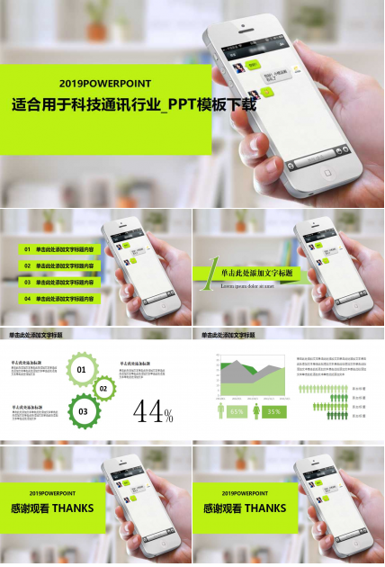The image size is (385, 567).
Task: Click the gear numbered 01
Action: pyautogui.click(x=82, y=370)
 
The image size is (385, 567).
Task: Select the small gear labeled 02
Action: pyautogui.click(x=103, y=389)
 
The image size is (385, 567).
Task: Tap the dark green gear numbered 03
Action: pyautogui.click(x=83, y=411)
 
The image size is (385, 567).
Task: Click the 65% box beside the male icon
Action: pyautogui.click(x=237, y=411)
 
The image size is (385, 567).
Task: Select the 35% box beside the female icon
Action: pyautogui.click(x=273, y=411)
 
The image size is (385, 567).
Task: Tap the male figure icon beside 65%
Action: pyautogui.click(x=221, y=411)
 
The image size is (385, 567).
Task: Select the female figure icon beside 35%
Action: pyautogui.click(x=257, y=411)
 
